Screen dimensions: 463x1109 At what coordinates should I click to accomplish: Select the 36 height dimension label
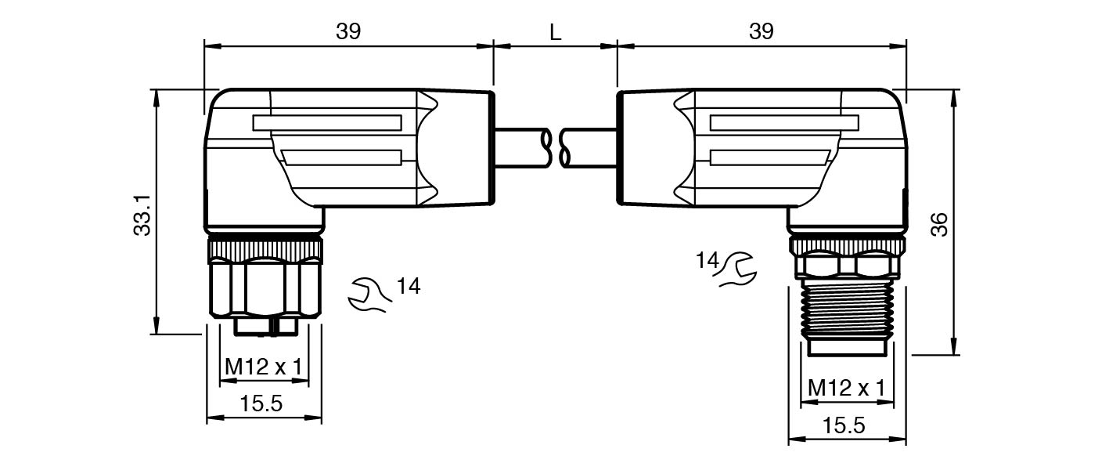click(x=939, y=224)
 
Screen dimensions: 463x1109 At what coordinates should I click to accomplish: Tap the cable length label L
click(x=555, y=32)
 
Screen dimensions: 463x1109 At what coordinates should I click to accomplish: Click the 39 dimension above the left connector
click(x=348, y=31)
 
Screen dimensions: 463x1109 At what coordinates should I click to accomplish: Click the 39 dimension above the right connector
click(x=761, y=31)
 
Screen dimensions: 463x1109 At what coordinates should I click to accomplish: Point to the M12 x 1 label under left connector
click(x=264, y=366)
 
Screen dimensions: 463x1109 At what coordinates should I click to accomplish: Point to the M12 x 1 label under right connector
click(x=846, y=388)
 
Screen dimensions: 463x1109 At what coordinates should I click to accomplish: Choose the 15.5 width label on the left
click(x=261, y=404)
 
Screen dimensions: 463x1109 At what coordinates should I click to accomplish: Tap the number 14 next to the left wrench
click(x=408, y=287)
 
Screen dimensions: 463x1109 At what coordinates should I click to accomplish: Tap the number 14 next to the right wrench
click(x=707, y=259)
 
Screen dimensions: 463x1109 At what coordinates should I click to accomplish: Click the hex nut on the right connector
click(x=846, y=267)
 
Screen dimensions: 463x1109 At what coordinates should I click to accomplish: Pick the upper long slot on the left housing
click(x=327, y=123)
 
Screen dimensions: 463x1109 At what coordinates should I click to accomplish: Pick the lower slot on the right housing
click(x=769, y=157)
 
